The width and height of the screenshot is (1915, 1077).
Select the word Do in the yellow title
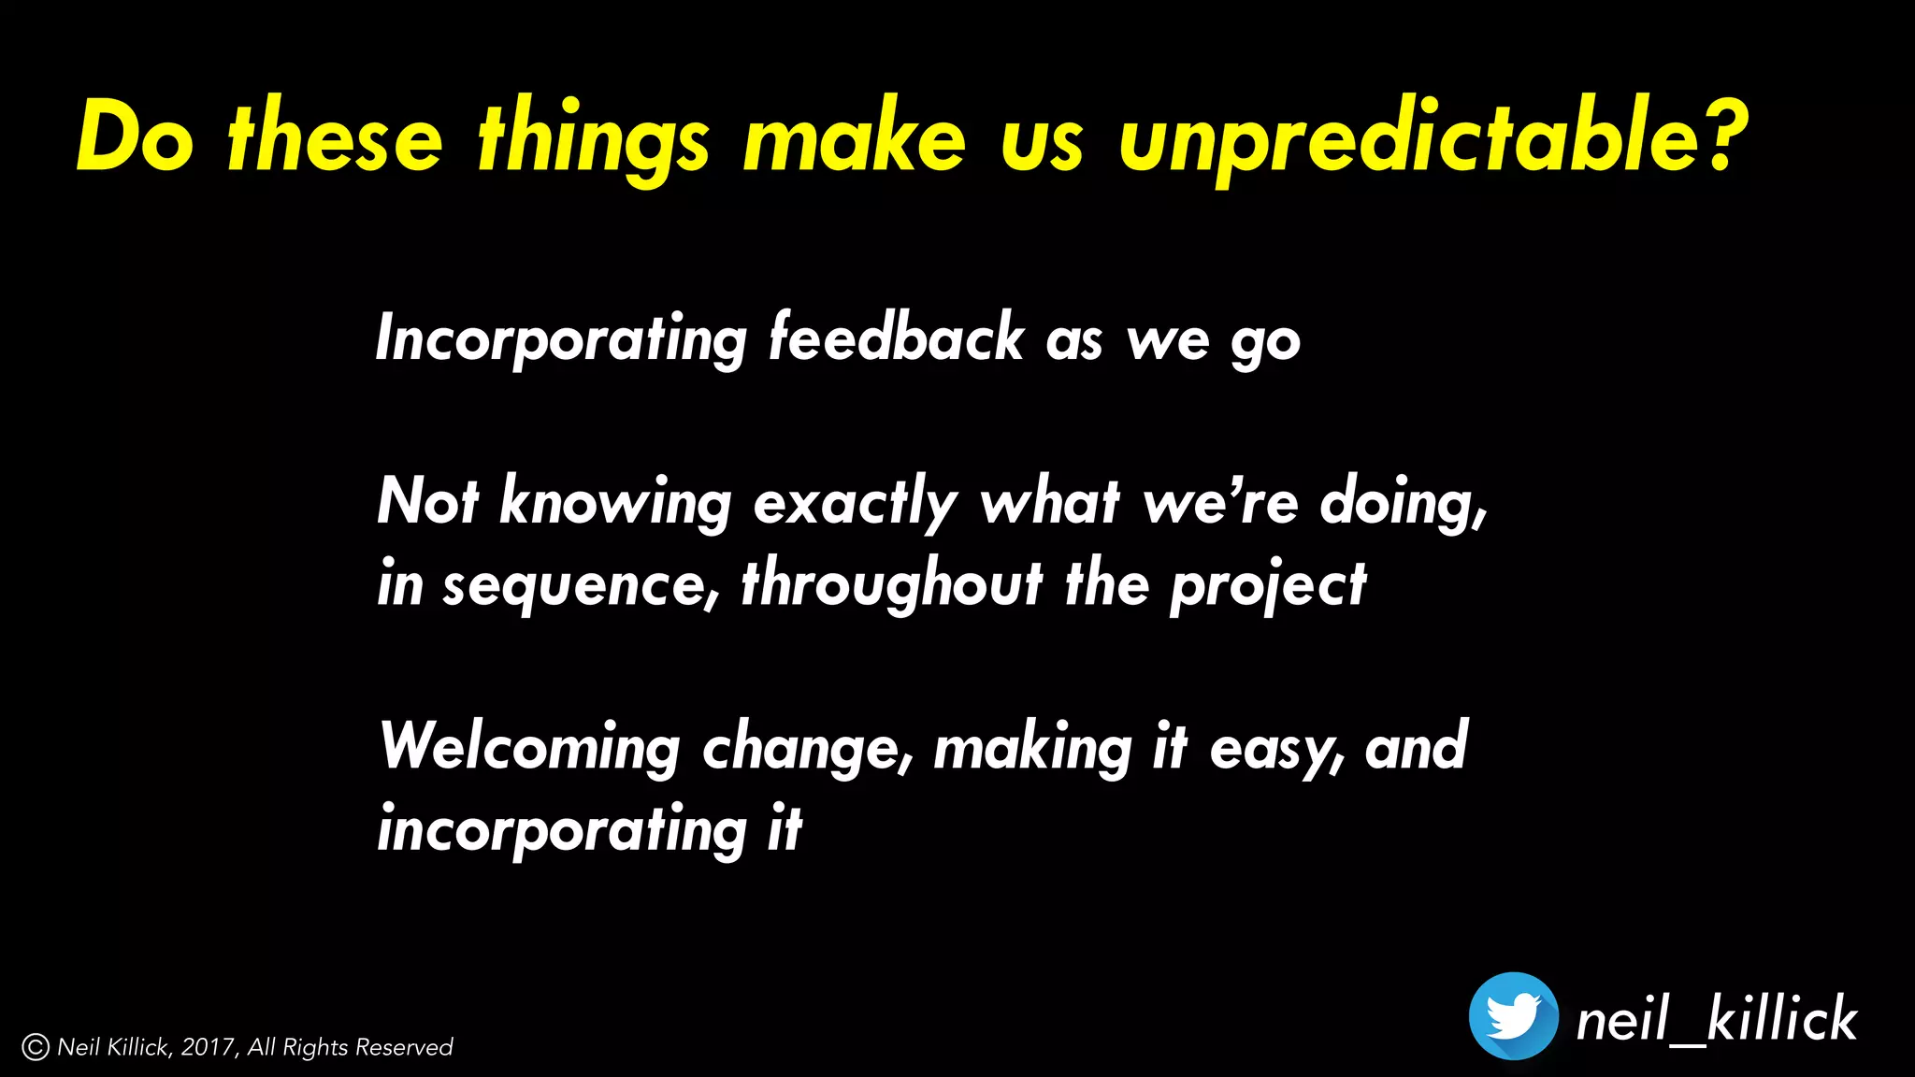[x=135, y=136]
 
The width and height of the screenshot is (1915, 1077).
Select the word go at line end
[x=1265, y=344]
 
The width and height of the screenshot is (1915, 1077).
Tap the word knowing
[x=615, y=503]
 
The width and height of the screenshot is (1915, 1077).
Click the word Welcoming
[x=530, y=748]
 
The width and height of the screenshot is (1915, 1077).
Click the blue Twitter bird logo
[x=1513, y=1016]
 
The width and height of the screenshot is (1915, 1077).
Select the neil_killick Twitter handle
[x=1716, y=1018]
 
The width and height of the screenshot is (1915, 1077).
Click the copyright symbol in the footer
[x=36, y=1047]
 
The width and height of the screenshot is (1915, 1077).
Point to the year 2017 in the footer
[x=209, y=1047]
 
